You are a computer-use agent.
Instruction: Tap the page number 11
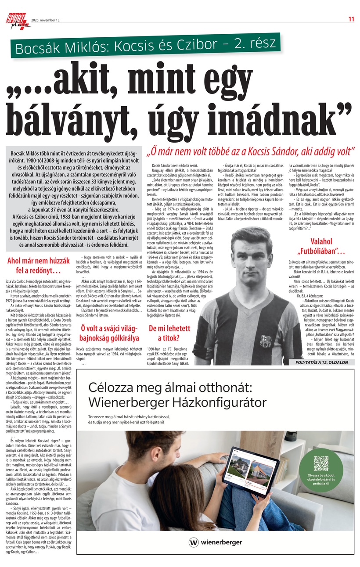351,19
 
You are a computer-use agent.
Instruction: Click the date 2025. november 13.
46,20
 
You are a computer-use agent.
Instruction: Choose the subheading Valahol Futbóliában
321,247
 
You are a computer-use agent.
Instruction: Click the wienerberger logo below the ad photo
216,542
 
